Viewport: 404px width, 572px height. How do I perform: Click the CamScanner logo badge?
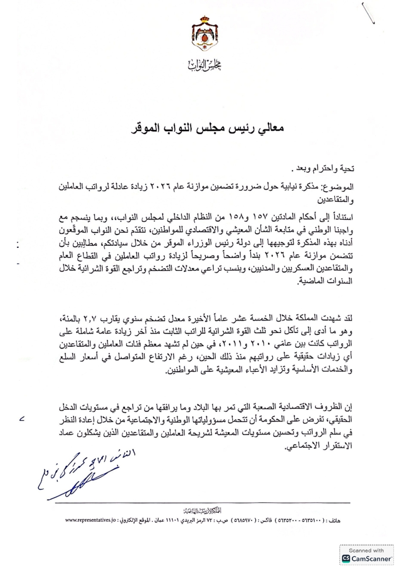coord(367,558)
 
